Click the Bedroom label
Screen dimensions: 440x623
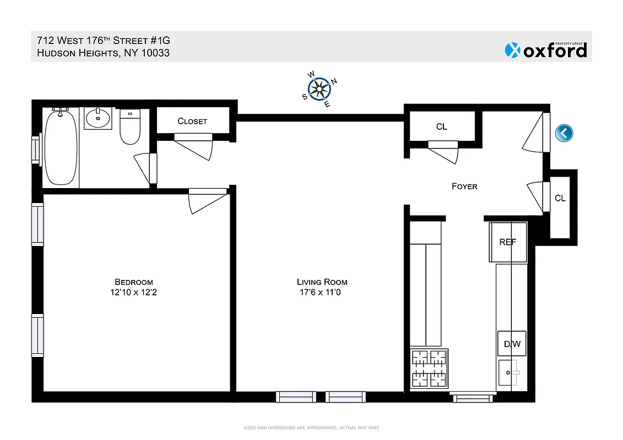click(x=134, y=282)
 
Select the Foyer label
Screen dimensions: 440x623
click(x=464, y=186)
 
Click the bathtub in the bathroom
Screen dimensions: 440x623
click(x=61, y=147)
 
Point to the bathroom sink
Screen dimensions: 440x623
click(x=98, y=118)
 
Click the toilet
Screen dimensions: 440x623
click(x=130, y=127)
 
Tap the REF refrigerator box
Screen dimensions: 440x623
click(x=507, y=242)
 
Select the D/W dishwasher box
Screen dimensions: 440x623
click(x=512, y=345)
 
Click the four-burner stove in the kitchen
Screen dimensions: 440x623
click(x=429, y=369)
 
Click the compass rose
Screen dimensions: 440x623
click(x=319, y=89)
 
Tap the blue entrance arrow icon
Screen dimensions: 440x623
click(x=565, y=133)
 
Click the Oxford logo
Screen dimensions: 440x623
click(x=545, y=50)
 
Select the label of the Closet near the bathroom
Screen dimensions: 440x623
click(x=192, y=121)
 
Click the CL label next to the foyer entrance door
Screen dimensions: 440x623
click(x=441, y=127)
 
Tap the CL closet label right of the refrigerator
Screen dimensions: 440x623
click(x=560, y=198)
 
